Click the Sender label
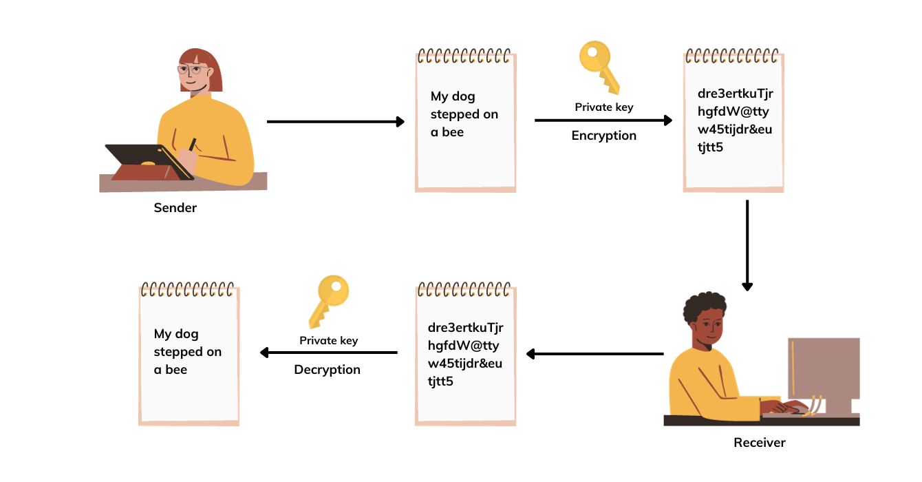click(175, 208)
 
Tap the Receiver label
click(759, 443)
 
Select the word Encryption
click(603, 136)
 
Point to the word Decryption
click(327, 370)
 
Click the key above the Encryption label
click(599, 67)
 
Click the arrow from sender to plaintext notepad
click(335, 122)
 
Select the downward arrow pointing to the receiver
click(747, 244)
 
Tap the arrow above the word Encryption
click(603, 120)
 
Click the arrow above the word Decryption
click(329, 353)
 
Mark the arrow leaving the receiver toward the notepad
click(594, 354)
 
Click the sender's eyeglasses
click(191, 70)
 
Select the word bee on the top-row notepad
click(453, 132)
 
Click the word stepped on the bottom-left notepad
click(178, 352)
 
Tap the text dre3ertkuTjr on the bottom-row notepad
click(465, 327)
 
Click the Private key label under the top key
click(603, 107)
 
